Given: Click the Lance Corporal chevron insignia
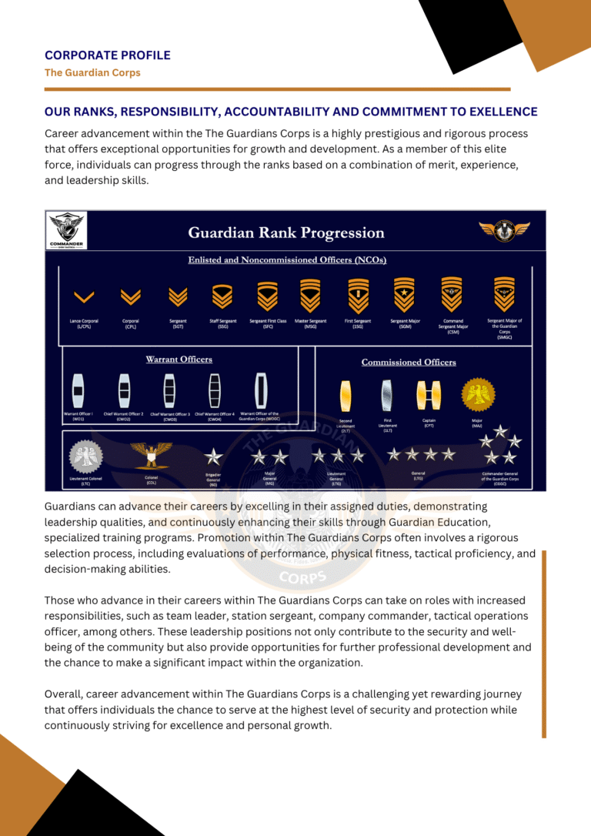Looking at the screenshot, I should (x=83, y=296).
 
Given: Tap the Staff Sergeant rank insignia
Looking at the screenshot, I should (x=222, y=295).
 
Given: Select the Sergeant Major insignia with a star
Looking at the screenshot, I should (x=404, y=293).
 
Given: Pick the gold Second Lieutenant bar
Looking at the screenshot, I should (x=346, y=395).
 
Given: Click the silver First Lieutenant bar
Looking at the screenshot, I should (x=387, y=395).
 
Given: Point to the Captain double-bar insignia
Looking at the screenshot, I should (x=429, y=394).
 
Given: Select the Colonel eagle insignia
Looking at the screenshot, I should (x=151, y=454).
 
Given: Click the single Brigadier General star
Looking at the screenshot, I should (x=213, y=457).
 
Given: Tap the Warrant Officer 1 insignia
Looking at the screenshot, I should (x=78, y=390).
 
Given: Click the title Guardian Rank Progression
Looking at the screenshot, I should (x=286, y=232).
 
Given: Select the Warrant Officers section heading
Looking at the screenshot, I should (x=179, y=359).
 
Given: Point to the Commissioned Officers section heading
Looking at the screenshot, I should (x=409, y=362).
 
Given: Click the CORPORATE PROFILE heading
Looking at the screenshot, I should (x=108, y=55).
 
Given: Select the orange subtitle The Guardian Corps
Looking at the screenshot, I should (x=92, y=72).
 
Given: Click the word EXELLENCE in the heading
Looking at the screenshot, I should (x=496, y=112).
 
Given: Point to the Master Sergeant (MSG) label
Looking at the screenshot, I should (x=310, y=324).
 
